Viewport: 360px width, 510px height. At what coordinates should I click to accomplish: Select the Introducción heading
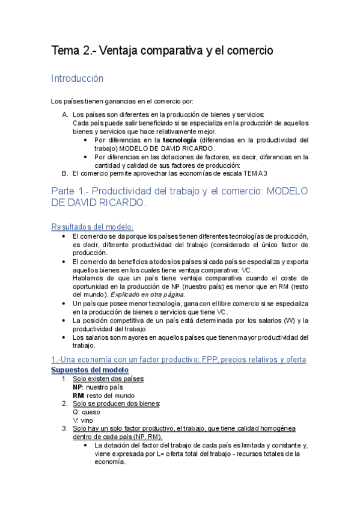78,79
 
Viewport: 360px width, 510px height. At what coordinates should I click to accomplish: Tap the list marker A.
65,114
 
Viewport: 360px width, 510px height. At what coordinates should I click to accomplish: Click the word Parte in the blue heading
66,191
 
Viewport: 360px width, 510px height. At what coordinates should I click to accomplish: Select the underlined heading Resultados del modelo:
92,227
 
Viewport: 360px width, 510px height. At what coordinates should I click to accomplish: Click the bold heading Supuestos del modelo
90,369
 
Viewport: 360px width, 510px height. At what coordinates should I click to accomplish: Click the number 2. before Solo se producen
65,404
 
